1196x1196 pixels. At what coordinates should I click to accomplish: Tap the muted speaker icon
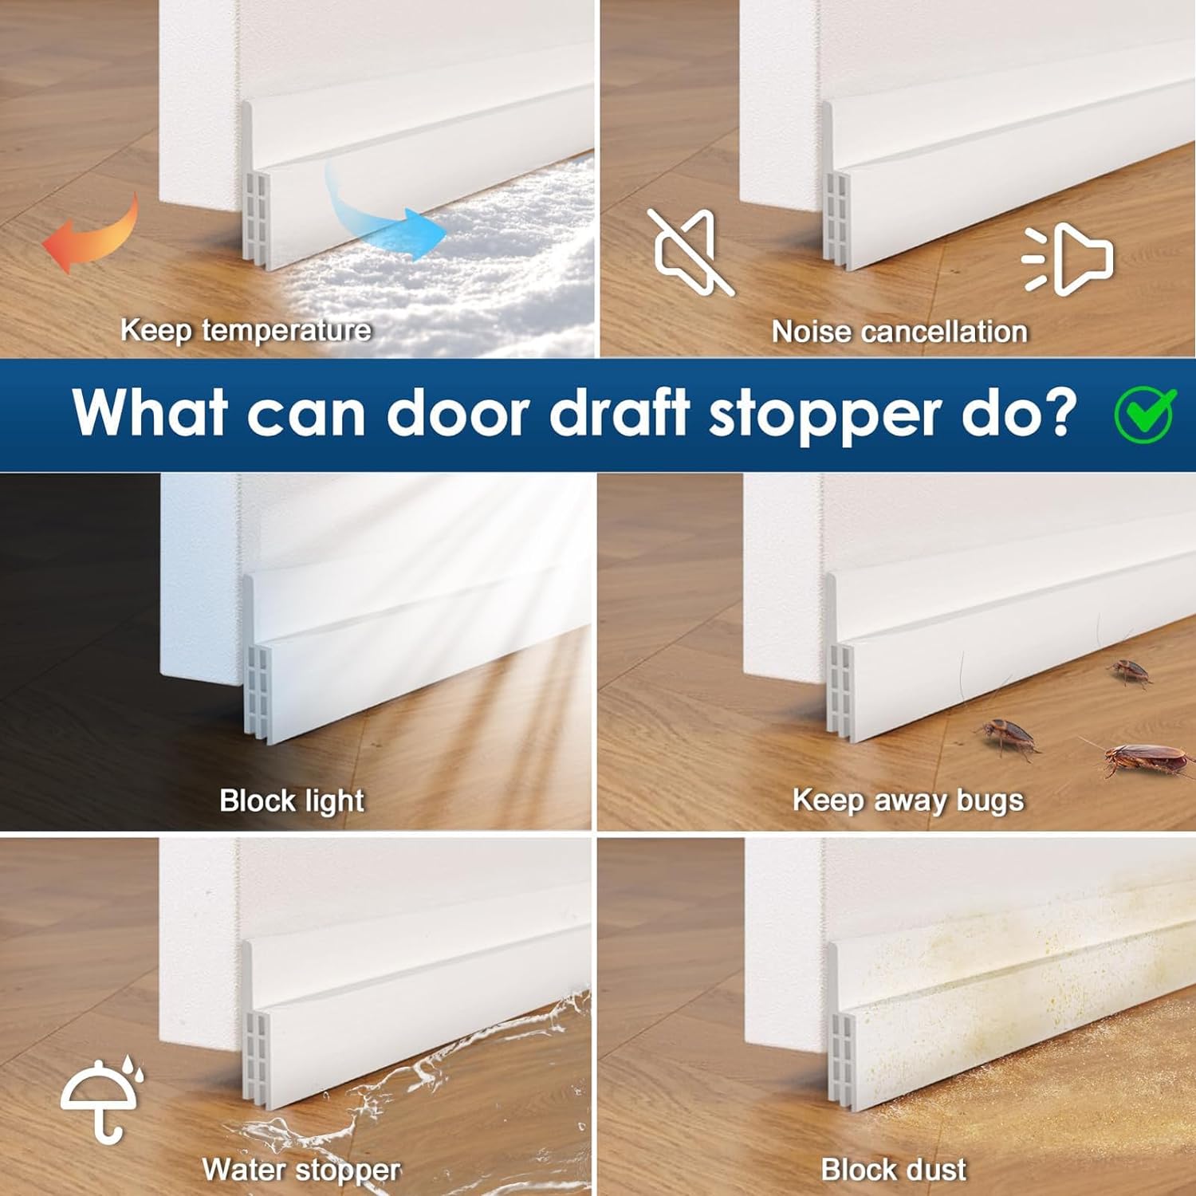[x=689, y=252]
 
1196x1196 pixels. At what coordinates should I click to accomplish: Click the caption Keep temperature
[x=246, y=329]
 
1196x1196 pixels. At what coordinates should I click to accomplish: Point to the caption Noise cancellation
[x=899, y=331]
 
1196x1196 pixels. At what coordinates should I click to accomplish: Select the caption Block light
[x=292, y=800]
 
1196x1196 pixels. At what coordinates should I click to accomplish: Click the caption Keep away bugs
[x=908, y=800]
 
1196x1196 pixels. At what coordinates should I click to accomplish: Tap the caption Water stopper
[x=301, y=1170]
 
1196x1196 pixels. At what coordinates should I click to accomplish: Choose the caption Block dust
[x=893, y=1170]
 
